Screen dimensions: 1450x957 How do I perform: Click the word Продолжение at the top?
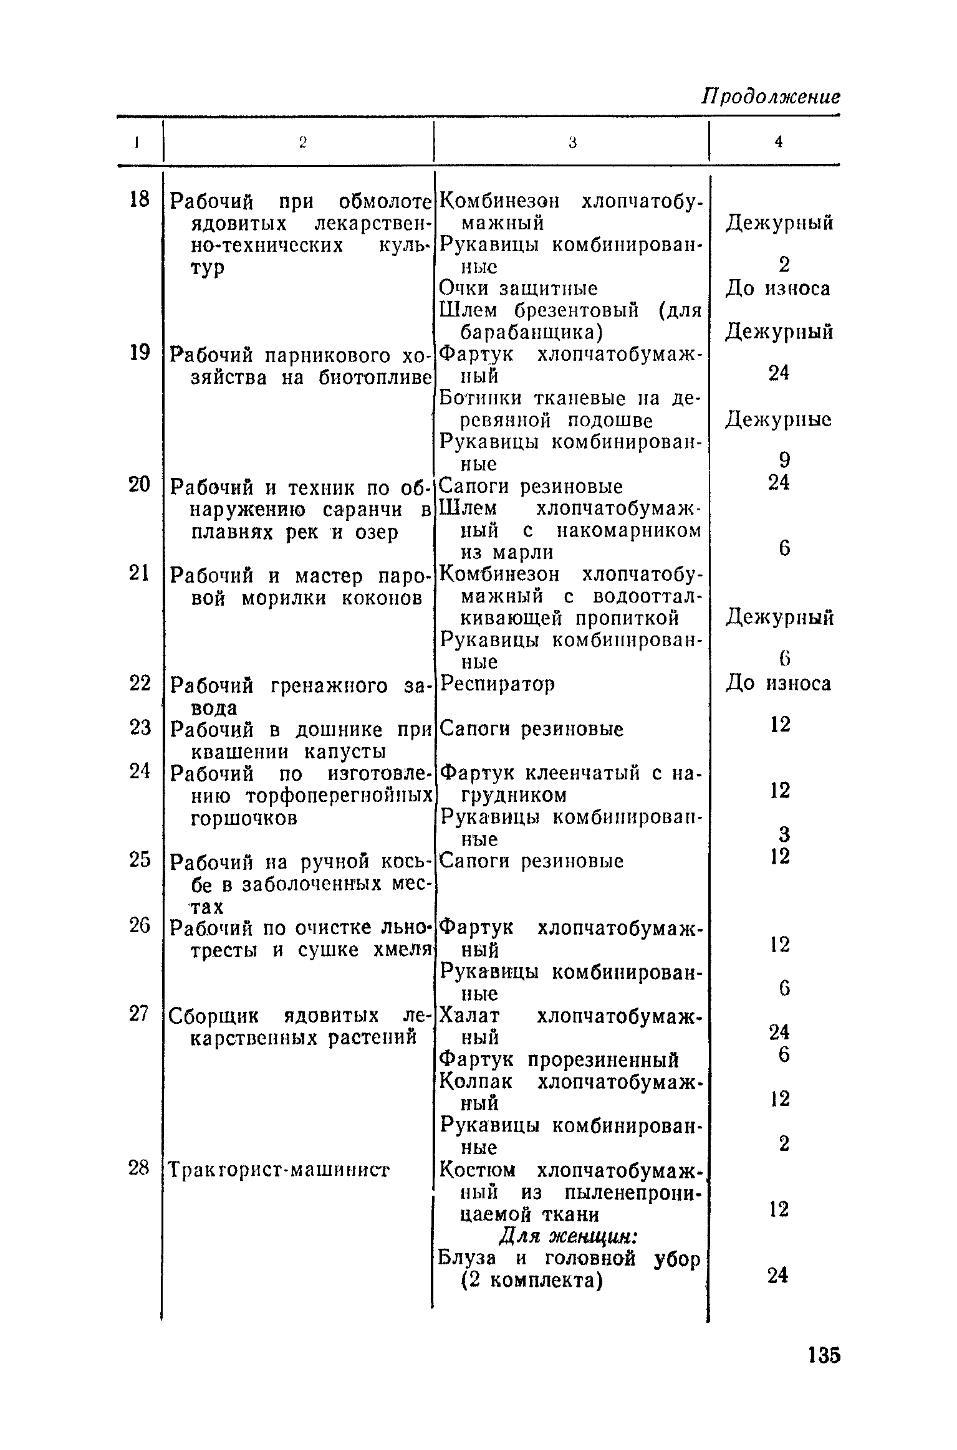tap(771, 97)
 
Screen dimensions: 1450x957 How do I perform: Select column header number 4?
tap(778, 142)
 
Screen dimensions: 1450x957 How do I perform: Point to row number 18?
tap(139, 199)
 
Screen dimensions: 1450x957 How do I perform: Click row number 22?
tap(140, 684)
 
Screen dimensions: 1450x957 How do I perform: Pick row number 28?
tap(139, 1168)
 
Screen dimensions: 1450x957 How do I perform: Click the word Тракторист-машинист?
tap(279, 1170)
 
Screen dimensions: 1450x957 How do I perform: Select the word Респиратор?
tap(497, 684)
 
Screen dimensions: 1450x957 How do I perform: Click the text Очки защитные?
tap(518, 288)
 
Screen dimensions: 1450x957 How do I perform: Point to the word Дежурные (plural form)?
tap(778, 420)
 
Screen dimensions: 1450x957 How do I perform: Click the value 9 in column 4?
tap(784, 460)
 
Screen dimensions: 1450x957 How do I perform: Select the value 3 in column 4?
tap(784, 834)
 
